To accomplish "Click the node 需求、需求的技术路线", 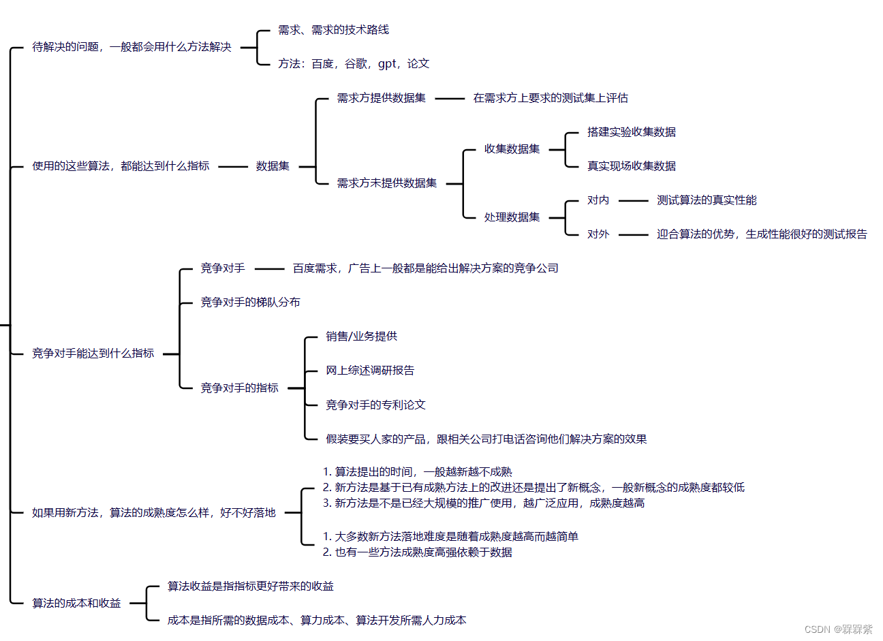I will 333,30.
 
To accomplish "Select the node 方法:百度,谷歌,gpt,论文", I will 353,64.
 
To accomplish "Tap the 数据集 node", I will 273,166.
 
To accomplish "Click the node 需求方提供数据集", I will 381,98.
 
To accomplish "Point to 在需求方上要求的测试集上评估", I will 551,98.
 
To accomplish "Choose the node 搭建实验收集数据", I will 631,132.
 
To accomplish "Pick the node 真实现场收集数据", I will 631,166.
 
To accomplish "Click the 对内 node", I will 598,200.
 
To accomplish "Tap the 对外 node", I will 598,234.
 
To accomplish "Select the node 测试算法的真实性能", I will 707,200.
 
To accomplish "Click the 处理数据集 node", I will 512,217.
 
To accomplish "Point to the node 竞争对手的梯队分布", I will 250,302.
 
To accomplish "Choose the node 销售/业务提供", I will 361,337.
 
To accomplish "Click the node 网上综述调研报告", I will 370,371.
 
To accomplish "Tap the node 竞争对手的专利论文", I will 375,405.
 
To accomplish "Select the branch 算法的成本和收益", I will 76,604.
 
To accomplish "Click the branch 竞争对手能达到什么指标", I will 93,354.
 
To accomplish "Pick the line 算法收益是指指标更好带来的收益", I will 251,587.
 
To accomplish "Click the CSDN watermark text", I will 838,629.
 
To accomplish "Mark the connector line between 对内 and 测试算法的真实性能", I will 633,201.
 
